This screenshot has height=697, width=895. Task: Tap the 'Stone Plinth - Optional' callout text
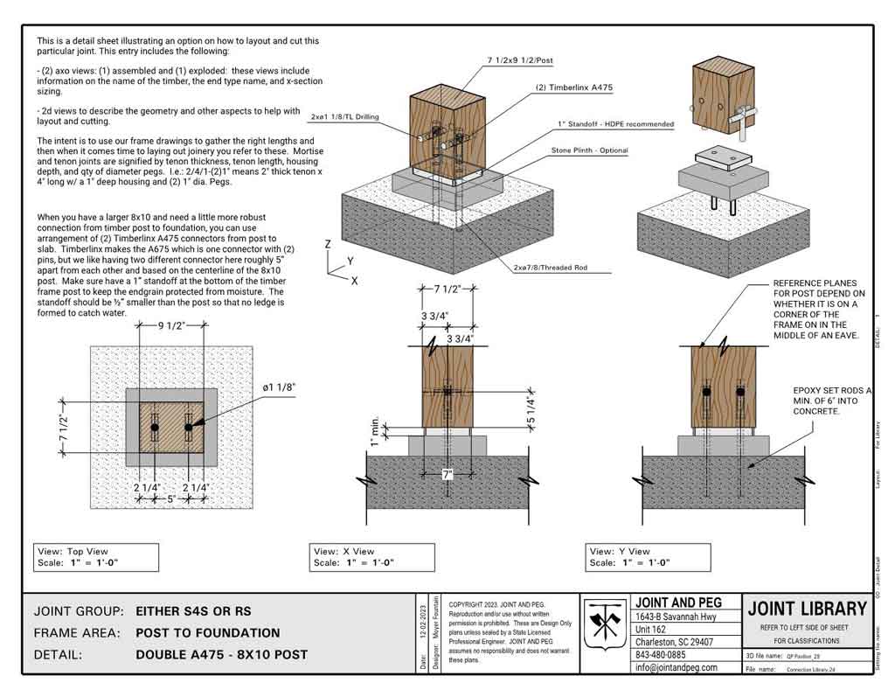589,150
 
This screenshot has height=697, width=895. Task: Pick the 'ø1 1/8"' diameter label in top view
280,387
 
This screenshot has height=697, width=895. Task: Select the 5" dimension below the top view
171,500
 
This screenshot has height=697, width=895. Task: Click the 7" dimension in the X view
447,475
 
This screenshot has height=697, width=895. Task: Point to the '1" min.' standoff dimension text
373,433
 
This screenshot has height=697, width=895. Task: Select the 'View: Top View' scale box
97,557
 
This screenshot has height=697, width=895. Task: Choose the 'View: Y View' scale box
647,557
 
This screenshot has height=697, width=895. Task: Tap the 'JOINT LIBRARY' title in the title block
808,608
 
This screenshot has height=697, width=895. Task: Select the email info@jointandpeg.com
676,667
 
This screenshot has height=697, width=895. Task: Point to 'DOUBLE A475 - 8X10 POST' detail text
222,654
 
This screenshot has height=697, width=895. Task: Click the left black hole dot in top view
155,428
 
